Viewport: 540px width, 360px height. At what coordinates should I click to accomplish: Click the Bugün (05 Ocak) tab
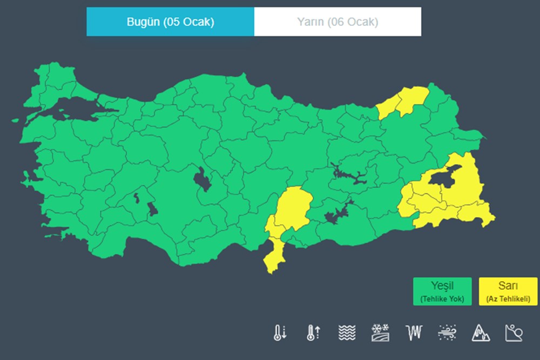tap(170, 22)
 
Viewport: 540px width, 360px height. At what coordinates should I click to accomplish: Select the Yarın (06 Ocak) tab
tap(337, 22)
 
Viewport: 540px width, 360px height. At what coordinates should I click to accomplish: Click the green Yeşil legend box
tap(442, 291)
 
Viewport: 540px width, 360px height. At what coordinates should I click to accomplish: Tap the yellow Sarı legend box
tap(508, 291)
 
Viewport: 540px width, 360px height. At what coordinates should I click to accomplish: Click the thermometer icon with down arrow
tap(279, 332)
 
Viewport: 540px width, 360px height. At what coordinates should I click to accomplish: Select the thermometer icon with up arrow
tap(312, 332)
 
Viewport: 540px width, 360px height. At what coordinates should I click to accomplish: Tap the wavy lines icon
tap(347, 332)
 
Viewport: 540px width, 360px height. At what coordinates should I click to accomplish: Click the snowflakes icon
tap(380, 332)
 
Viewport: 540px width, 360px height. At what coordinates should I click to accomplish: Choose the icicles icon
tap(413, 332)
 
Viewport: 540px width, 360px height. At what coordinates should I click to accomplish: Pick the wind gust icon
tap(447, 332)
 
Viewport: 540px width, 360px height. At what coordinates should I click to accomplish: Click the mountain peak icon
tap(480, 332)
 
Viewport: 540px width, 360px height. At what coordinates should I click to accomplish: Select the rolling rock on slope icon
tap(514, 332)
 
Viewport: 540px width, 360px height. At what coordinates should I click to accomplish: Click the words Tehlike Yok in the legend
tap(442, 298)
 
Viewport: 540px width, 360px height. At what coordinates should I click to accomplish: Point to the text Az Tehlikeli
tap(508, 298)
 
